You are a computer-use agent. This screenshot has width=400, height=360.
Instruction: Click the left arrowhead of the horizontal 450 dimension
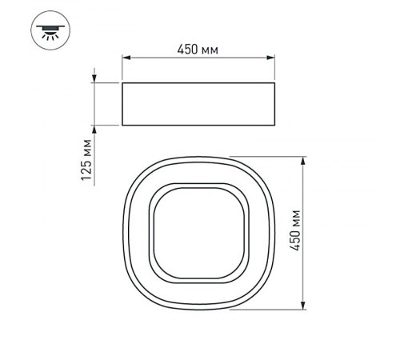coord(126,58)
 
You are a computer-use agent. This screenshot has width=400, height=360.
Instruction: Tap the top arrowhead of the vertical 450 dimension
coord(303,161)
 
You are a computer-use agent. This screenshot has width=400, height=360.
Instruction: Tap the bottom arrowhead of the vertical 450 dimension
coord(303,306)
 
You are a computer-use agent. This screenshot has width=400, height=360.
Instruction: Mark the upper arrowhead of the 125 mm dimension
coord(95,78)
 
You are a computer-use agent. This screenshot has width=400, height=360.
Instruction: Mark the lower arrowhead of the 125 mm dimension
coord(95,129)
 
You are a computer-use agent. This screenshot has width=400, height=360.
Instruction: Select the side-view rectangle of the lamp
coord(199,103)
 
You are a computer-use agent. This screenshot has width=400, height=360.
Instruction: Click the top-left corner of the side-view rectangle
coord(122,82)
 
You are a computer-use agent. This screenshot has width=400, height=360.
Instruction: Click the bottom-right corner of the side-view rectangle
coord(277,126)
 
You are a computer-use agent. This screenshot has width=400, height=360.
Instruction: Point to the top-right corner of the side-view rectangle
coord(277,82)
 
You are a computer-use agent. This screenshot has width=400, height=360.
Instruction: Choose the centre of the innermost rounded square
coord(199,233)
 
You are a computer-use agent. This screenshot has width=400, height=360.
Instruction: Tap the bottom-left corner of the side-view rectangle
coord(122,126)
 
